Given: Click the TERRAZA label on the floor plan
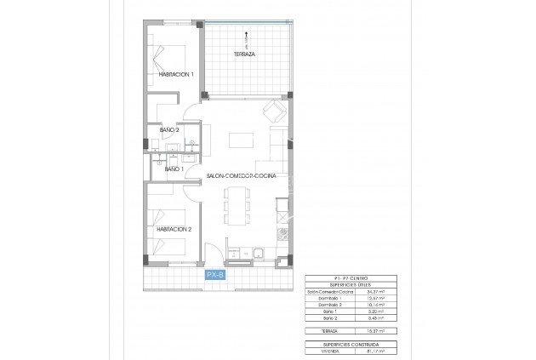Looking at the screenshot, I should pos(245,54).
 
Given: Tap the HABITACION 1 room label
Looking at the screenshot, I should pos(176,75).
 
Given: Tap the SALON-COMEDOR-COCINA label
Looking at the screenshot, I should pos(248,175).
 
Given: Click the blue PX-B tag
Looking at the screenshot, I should pos(214,274).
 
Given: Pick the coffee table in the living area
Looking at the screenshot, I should pos(243,140).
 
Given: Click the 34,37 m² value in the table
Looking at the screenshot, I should pos(374,292).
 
